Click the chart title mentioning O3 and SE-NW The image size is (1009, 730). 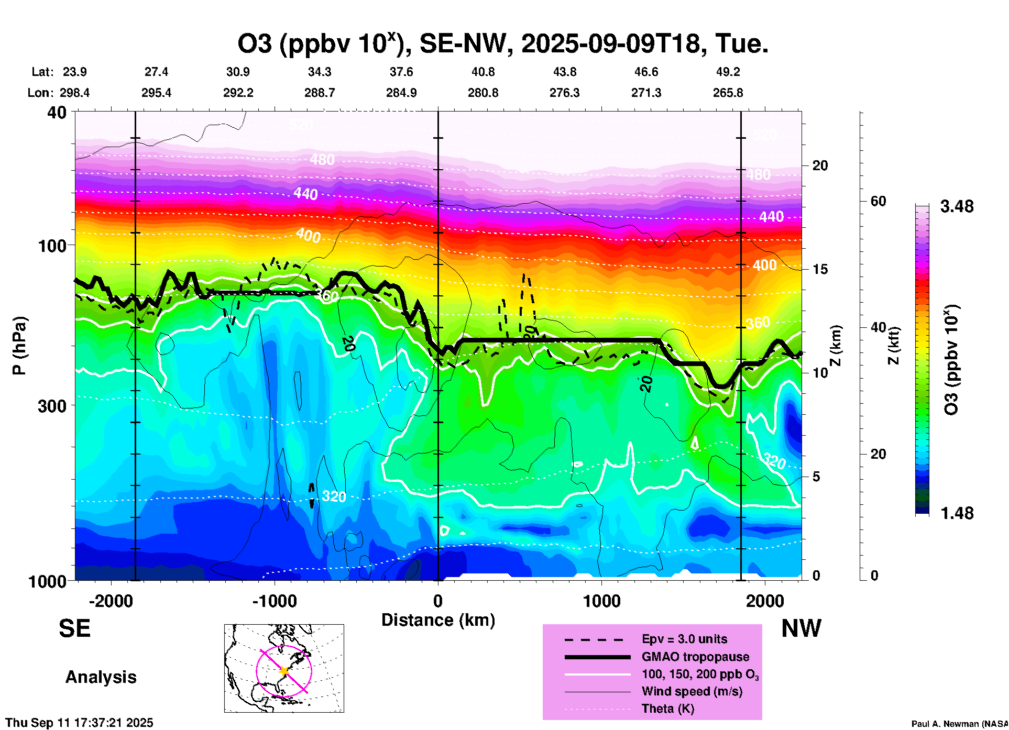(x=503, y=44)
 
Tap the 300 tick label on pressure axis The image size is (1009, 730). (x=52, y=405)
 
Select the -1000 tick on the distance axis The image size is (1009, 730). (x=275, y=601)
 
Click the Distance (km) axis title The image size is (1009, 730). (x=438, y=620)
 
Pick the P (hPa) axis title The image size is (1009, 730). (x=19, y=346)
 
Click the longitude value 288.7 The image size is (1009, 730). (x=320, y=93)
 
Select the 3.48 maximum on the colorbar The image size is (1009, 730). (x=957, y=206)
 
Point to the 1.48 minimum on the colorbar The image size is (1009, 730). (x=957, y=513)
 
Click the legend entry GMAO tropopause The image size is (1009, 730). (x=695, y=657)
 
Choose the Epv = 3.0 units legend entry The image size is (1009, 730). (x=684, y=639)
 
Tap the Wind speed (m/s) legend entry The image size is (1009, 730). (x=692, y=691)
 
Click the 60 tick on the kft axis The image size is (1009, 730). (x=878, y=201)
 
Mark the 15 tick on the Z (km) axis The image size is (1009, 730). (x=820, y=269)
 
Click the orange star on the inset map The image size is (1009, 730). (x=284, y=671)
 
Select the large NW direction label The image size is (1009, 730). (x=801, y=628)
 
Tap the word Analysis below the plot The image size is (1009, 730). (x=101, y=677)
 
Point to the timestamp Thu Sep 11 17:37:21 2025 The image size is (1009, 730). (x=80, y=723)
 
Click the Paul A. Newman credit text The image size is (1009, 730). (x=959, y=724)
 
